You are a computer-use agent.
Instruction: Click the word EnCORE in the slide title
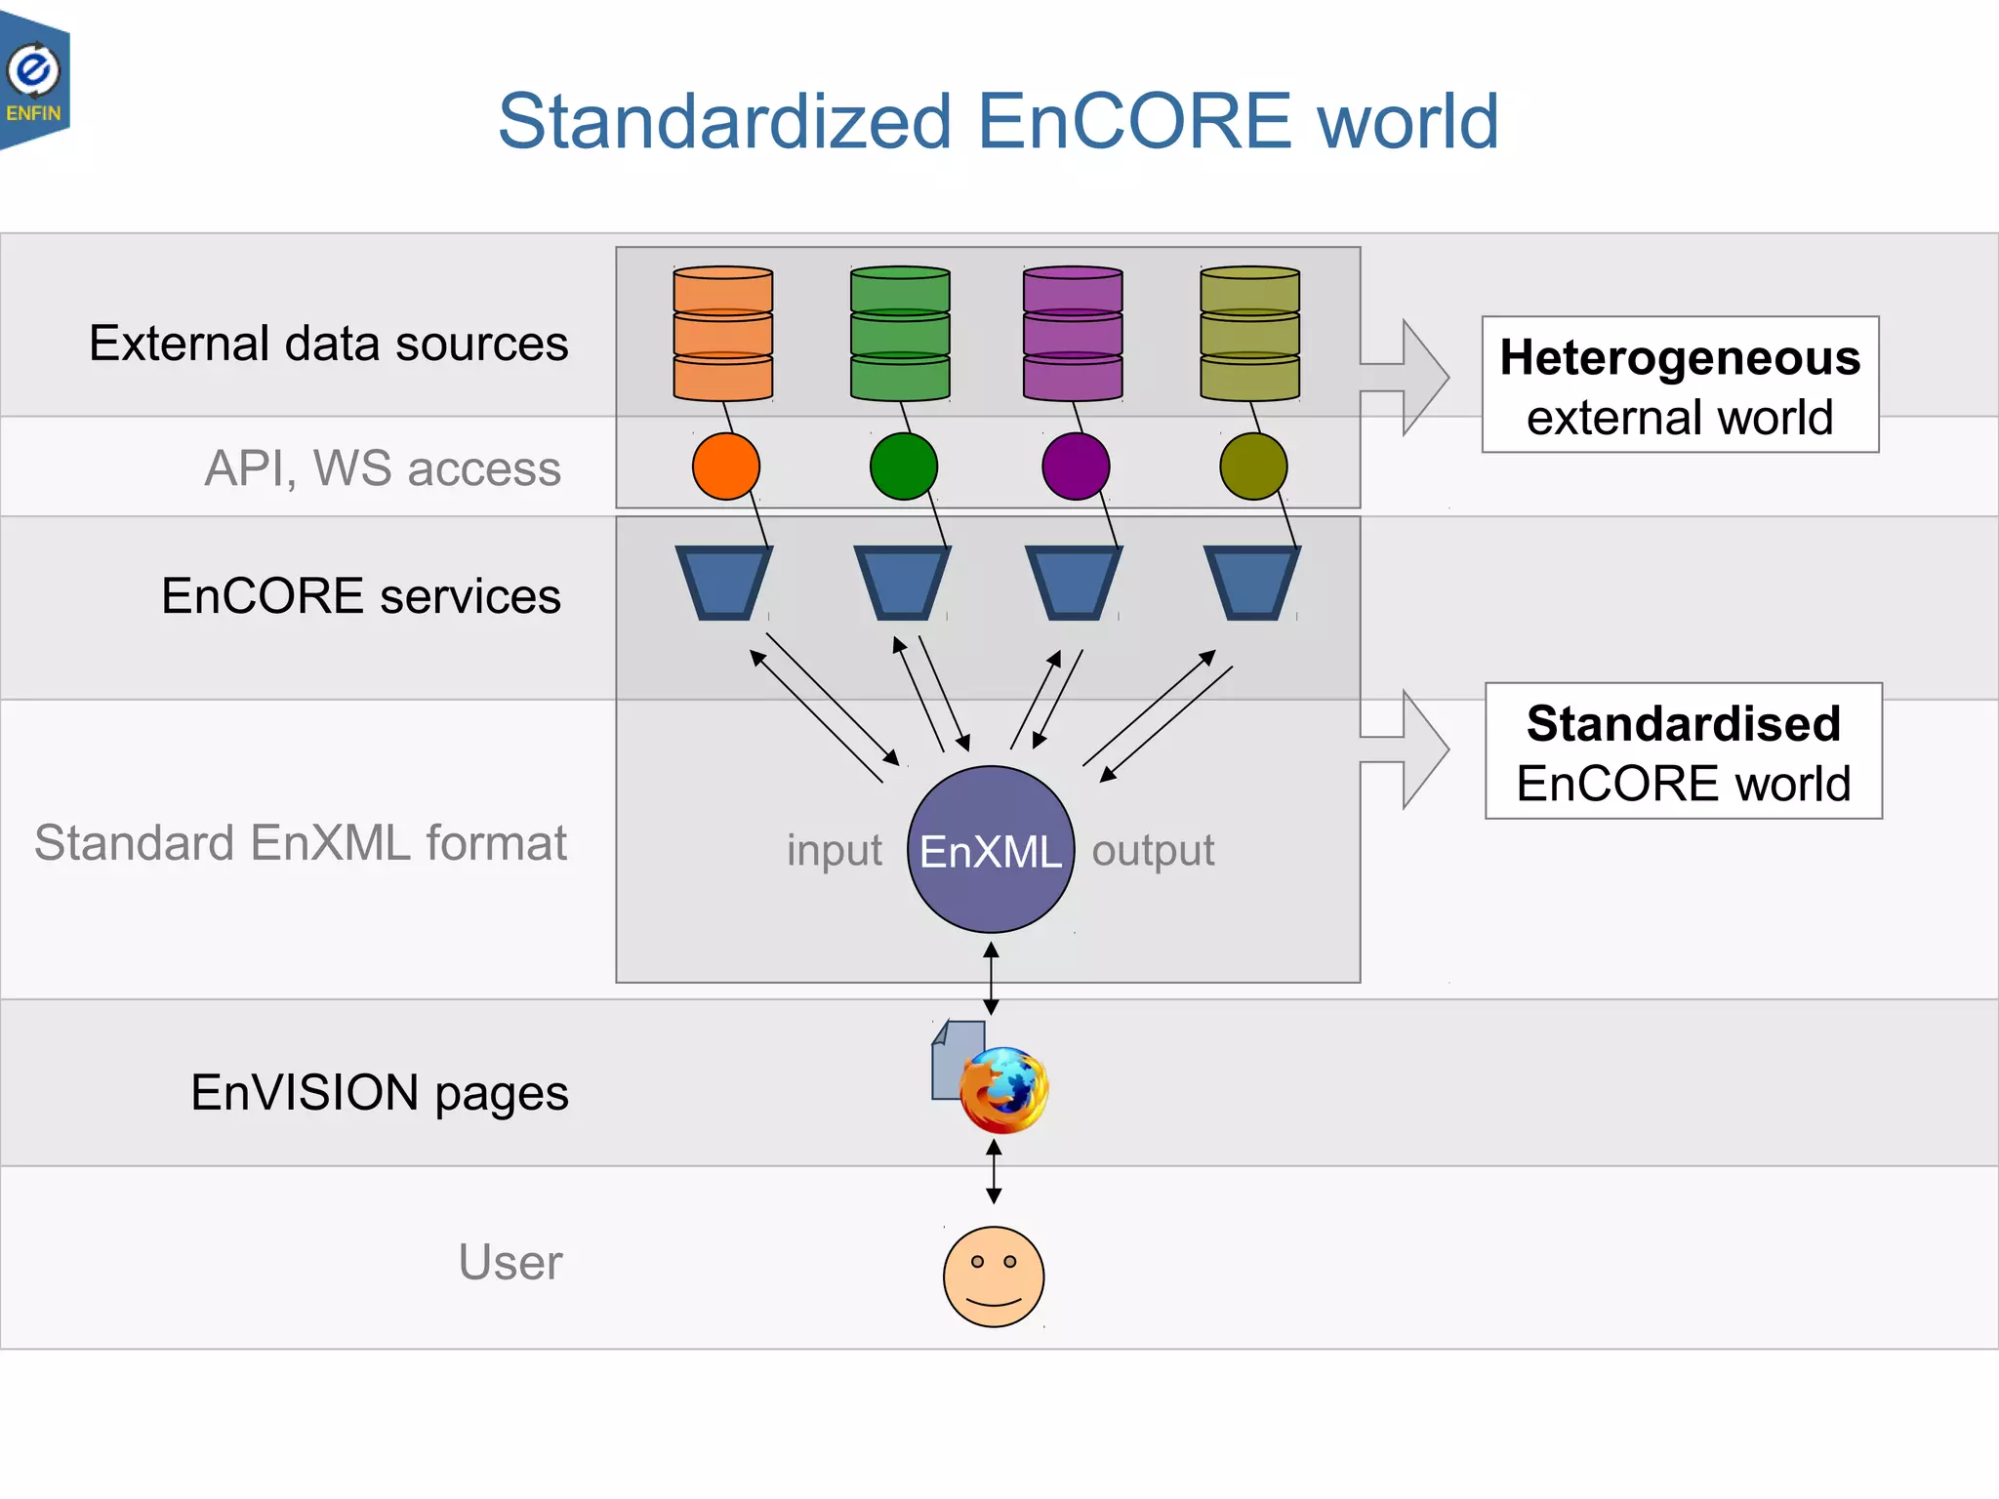(x=1133, y=122)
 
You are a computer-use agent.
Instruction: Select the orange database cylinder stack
(x=723, y=334)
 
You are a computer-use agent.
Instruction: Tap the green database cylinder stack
(x=900, y=334)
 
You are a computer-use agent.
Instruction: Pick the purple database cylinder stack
(x=1073, y=334)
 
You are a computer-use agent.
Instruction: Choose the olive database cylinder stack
(x=1249, y=334)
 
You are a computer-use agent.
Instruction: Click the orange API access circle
(x=726, y=466)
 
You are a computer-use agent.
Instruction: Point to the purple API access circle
(x=1076, y=466)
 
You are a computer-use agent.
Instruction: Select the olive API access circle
(x=1253, y=466)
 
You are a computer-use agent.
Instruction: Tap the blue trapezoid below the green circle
(x=902, y=583)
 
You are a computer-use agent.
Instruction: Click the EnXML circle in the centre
(x=991, y=850)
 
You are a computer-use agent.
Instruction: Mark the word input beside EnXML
(x=835, y=850)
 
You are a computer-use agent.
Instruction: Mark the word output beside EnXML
(x=1153, y=850)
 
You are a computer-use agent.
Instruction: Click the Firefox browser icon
(x=1003, y=1089)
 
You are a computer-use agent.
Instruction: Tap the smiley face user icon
(x=994, y=1276)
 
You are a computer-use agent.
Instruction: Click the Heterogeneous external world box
(x=1680, y=385)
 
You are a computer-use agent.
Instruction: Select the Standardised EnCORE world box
(x=1683, y=751)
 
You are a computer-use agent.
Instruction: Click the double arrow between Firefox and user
(x=994, y=1172)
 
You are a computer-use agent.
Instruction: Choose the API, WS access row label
(x=383, y=468)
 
